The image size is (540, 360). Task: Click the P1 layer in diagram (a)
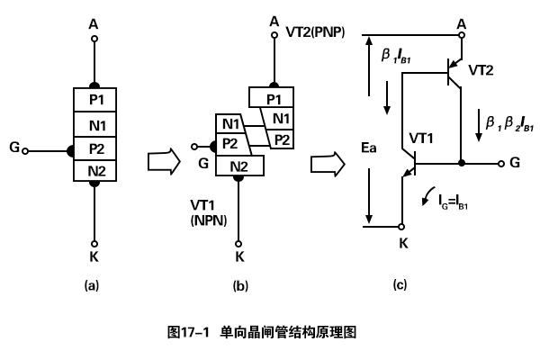coord(95,97)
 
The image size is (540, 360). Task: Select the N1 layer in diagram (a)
coord(95,121)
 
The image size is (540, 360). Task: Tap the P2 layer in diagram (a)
coord(95,146)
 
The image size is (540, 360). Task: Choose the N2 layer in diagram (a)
coord(95,169)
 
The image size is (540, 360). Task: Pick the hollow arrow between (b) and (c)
coord(322,165)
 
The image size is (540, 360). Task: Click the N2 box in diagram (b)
coord(238,166)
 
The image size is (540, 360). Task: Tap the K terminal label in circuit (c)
coord(403,242)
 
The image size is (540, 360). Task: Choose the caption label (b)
coord(239,285)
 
